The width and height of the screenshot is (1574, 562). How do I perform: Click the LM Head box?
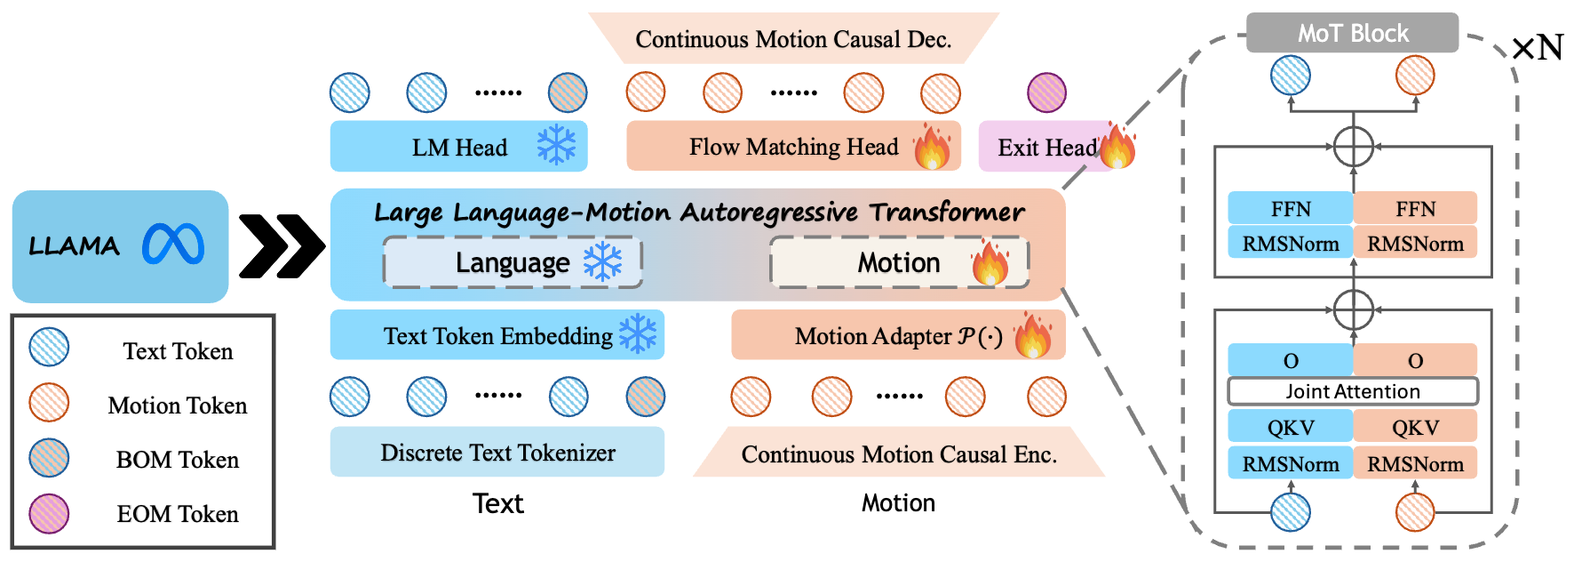tap(458, 147)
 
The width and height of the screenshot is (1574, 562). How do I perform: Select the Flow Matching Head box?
tap(792, 147)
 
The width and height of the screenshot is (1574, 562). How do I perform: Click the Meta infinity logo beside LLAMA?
tap(173, 245)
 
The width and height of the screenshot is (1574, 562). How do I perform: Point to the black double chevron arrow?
tap(282, 245)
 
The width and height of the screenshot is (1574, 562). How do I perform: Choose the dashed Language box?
tap(513, 262)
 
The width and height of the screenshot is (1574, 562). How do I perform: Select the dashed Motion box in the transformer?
tap(899, 262)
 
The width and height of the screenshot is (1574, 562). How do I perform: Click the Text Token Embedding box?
tap(497, 335)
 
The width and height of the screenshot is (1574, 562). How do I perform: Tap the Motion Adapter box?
tap(897, 335)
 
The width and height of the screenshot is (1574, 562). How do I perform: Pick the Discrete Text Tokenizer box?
tap(497, 452)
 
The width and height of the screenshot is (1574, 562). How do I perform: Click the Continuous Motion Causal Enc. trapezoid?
tap(898, 453)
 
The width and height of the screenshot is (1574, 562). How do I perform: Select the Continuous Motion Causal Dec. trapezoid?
tap(793, 39)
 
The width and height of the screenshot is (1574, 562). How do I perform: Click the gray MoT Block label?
tap(1352, 33)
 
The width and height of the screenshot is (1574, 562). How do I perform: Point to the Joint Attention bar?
tap(1352, 391)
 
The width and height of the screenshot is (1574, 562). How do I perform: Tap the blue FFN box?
tap(1290, 208)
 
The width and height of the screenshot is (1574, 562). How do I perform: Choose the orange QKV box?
tap(1415, 427)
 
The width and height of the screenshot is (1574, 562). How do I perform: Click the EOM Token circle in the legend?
tap(49, 513)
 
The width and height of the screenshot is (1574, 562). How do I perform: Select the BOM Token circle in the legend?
tap(49, 459)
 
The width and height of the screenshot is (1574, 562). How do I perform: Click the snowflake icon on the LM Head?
tap(556, 144)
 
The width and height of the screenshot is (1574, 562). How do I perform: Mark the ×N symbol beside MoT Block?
tap(1537, 48)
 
